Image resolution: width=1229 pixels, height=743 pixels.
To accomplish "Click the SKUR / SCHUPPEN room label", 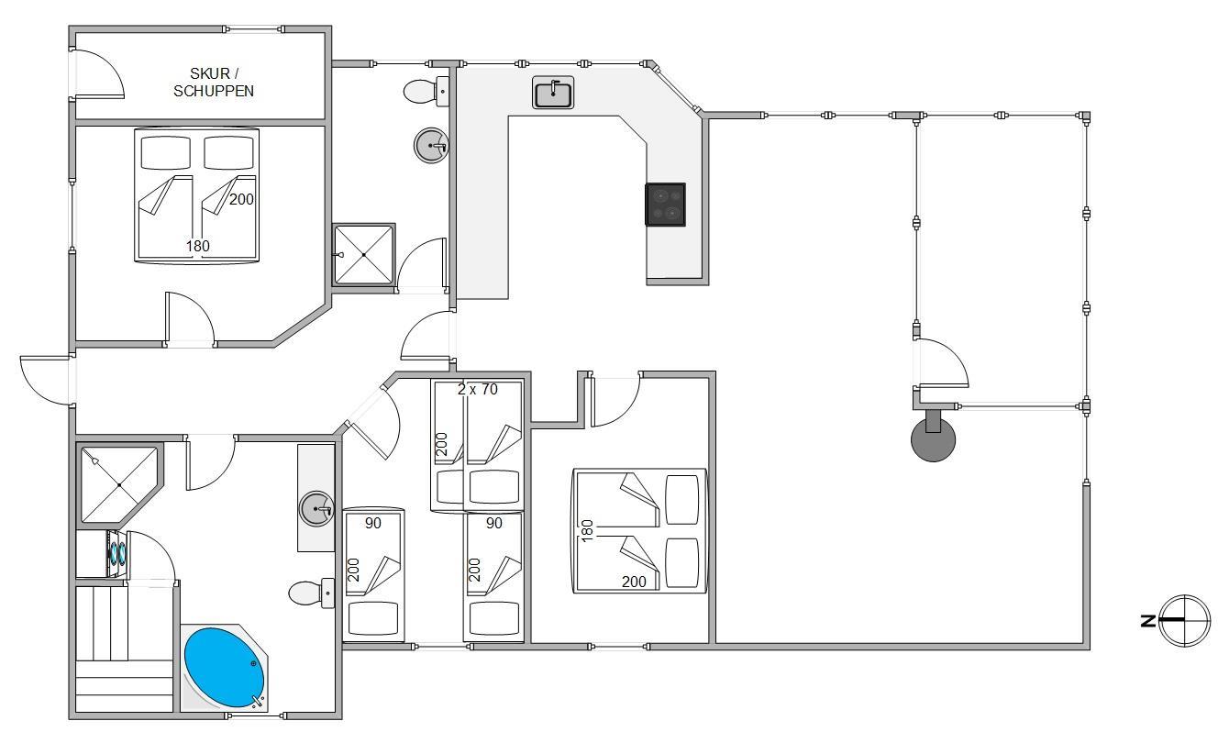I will coord(214,82).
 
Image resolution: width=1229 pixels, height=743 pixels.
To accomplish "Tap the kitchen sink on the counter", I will coord(553,94).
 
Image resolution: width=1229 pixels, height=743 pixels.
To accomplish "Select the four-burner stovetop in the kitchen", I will coord(665,205).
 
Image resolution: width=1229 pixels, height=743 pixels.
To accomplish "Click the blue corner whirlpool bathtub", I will coord(224,668).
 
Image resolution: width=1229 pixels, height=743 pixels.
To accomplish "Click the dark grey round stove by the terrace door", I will coord(933,440).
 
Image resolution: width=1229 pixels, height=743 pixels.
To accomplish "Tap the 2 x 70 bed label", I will coord(477,389).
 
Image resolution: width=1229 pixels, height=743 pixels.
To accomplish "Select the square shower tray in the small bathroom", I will coord(364,254).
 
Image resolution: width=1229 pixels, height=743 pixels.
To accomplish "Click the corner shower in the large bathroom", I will coord(117,484).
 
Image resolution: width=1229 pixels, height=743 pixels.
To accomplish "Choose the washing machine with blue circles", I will coord(118,553).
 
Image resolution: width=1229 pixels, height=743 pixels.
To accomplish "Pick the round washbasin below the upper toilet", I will coord(432,145).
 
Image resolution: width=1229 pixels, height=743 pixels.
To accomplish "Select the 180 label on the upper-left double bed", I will coord(197,246).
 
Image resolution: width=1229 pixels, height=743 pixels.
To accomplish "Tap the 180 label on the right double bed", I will coord(588,530).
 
